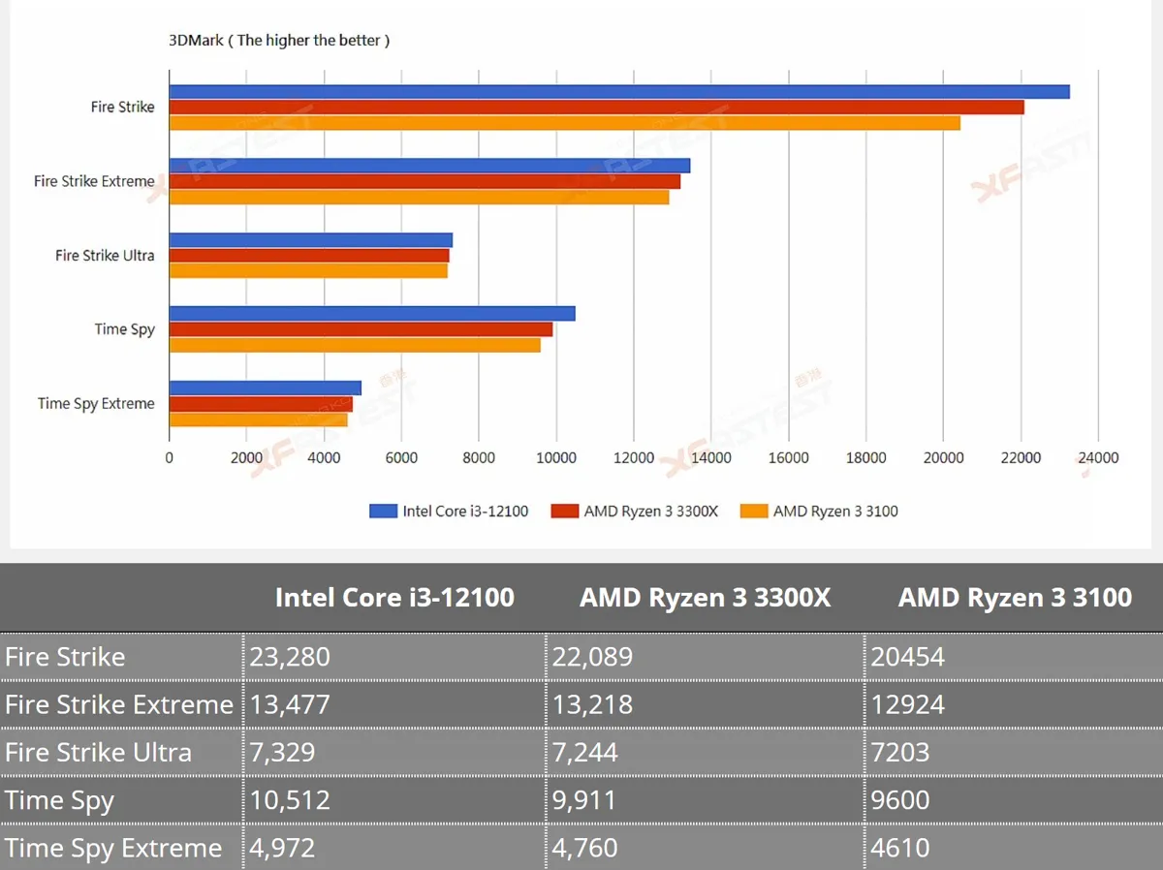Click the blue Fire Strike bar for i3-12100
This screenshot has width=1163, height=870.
(619, 92)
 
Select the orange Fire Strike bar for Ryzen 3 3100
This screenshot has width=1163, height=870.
(565, 123)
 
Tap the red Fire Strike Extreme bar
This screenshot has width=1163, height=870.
(424, 181)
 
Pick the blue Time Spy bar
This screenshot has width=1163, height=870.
(372, 314)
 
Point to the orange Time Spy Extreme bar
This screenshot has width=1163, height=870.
(259, 419)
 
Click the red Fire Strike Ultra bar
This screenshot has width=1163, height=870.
(309, 256)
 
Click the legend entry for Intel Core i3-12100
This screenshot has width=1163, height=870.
(449, 511)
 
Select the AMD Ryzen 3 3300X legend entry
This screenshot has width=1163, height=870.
(635, 511)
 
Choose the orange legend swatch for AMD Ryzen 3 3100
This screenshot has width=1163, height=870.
(754, 511)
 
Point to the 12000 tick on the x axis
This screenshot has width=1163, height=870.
(634, 457)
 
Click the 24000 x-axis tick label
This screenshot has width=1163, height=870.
(1098, 457)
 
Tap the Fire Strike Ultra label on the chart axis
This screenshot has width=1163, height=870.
(105, 255)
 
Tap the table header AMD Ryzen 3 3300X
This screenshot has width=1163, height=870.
(706, 598)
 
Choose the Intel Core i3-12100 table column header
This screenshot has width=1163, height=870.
(394, 598)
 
